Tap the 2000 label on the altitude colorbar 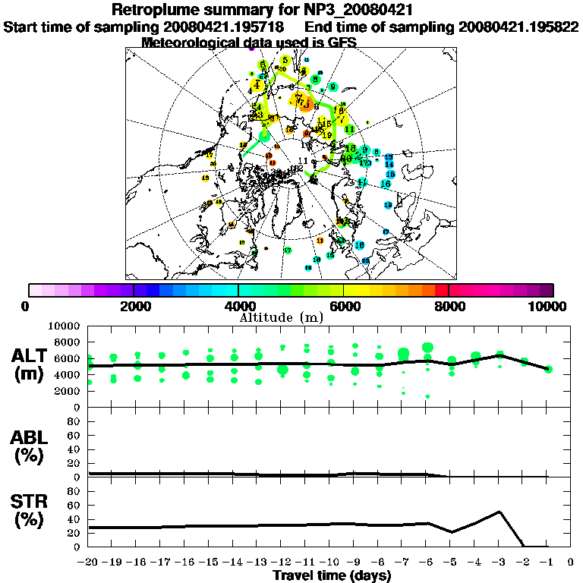(x=134, y=307)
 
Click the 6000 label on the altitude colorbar (x=344, y=307)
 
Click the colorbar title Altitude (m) (x=281, y=317)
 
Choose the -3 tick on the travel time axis (x=498, y=563)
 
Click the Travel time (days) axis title (x=331, y=576)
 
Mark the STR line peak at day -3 (x=499, y=512)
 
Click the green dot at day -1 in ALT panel (x=548, y=369)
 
